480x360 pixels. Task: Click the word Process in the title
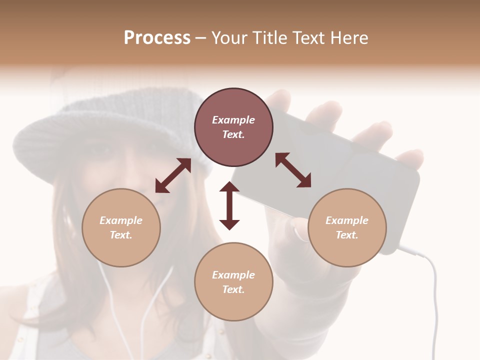[x=157, y=37]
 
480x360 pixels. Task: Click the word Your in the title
[x=228, y=37]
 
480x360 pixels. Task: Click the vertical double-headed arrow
[x=229, y=205]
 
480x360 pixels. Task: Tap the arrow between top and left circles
[x=173, y=175]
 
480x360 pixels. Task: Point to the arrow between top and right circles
[x=293, y=170]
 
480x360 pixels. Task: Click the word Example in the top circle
[x=233, y=120]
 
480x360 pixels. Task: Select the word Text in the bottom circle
[x=233, y=289]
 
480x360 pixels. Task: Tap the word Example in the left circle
[x=121, y=220]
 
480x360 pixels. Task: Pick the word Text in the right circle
[x=347, y=235]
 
